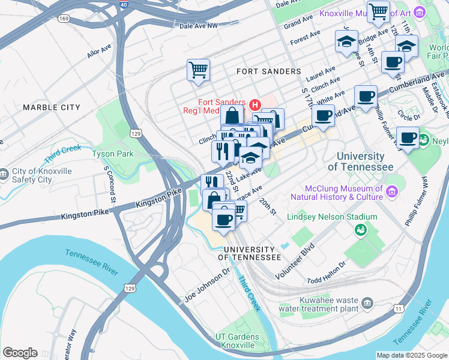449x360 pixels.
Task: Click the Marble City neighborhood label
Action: click(51, 107)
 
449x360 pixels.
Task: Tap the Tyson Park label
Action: click(112, 154)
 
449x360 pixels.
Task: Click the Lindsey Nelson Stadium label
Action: click(332, 217)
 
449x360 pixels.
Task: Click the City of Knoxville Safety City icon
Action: click(5, 174)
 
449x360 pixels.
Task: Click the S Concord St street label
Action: click(109, 182)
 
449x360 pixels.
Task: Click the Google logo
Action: click(20, 353)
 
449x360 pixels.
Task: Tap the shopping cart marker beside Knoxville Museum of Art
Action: click(378, 11)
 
